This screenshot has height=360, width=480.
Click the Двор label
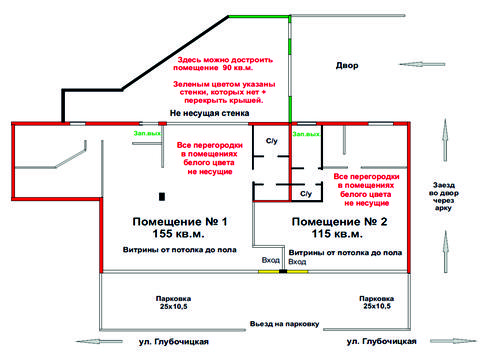pyautogui.click(x=346, y=65)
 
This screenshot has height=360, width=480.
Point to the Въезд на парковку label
pyautogui.click(x=284, y=325)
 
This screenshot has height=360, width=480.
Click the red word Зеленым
pyautogui.click(x=191, y=85)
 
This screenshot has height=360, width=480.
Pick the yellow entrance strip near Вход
pyautogui.click(x=271, y=272)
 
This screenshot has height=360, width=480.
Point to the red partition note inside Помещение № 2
pyautogui.click(x=366, y=187)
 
